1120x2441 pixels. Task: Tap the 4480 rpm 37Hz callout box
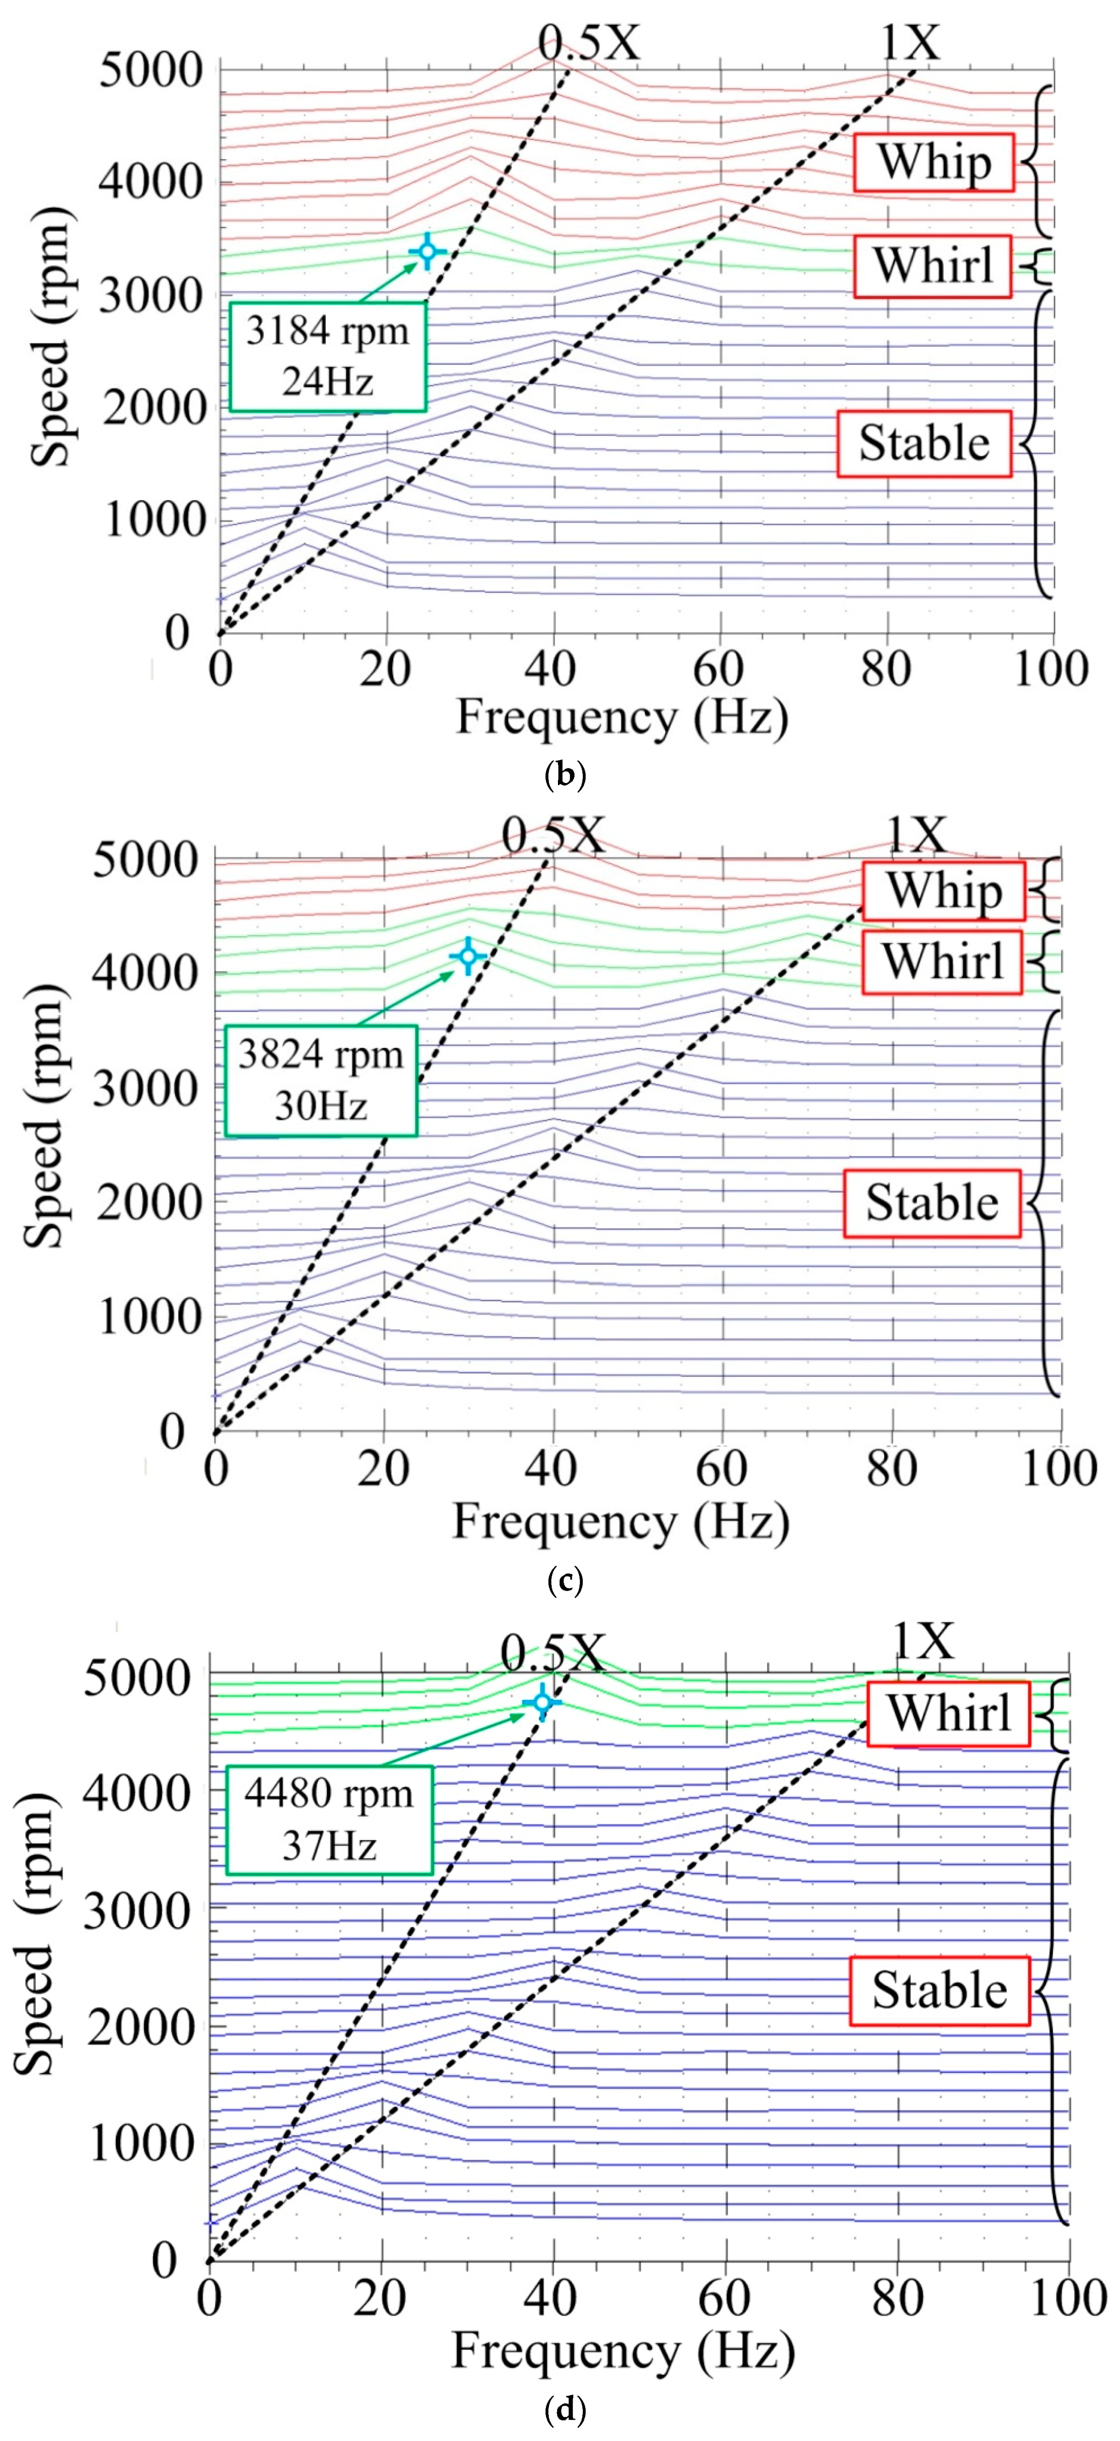coord(329,1819)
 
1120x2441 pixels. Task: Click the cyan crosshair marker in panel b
coord(427,251)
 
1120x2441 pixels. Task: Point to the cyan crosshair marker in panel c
coord(468,956)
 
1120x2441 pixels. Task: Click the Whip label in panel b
coord(933,162)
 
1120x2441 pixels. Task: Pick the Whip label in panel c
coord(944,891)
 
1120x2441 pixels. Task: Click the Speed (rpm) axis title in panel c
coord(46,1113)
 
